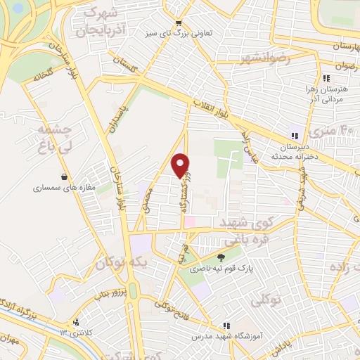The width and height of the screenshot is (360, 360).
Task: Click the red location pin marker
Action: coord(181,165)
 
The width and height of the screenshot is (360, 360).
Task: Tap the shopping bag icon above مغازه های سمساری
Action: coord(65,176)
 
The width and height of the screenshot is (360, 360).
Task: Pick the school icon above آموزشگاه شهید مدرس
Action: coord(226,326)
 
